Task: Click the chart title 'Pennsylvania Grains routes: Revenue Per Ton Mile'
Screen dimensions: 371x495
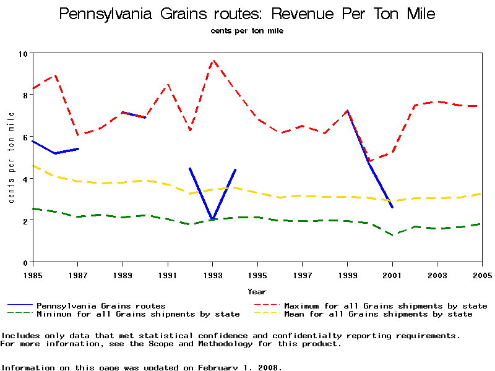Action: coord(247,14)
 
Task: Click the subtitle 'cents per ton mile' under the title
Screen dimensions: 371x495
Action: coord(247,31)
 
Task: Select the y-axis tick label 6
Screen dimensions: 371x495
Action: coord(26,137)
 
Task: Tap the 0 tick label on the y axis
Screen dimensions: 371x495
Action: coord(26,262)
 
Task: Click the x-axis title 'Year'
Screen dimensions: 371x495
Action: coord(257,291)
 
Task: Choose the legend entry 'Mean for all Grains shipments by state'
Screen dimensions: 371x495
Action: coord(377,314)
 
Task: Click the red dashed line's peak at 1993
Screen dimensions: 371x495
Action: coord(213,61)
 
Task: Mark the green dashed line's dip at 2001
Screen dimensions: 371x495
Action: coord(392,235)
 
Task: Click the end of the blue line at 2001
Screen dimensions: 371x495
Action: coord(392,207)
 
